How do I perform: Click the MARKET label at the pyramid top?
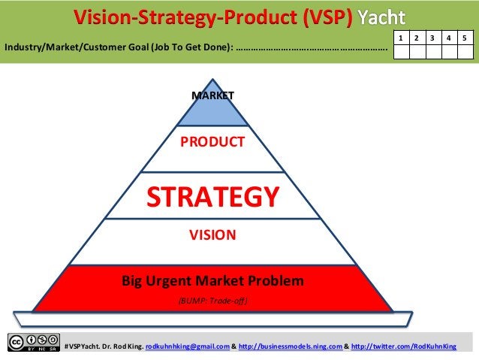[x=212, y=95]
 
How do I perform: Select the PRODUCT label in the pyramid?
[x=212, y=141]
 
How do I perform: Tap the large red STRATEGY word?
[x=212, y=196]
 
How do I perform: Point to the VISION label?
[x=212, y=234]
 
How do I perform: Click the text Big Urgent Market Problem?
[x=212, y=282]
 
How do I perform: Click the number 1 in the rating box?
[x=402, y=37]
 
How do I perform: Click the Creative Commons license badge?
[x=33, y=342]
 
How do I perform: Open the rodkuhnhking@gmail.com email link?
[x=187, y=346]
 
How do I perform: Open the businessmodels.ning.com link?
[x=290, y=346]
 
